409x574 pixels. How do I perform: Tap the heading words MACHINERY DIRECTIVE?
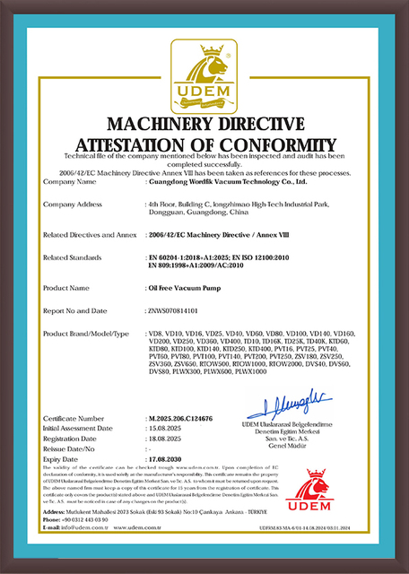204,122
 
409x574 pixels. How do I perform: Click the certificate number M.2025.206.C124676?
187,417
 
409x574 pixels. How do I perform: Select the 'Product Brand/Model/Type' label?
86,334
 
